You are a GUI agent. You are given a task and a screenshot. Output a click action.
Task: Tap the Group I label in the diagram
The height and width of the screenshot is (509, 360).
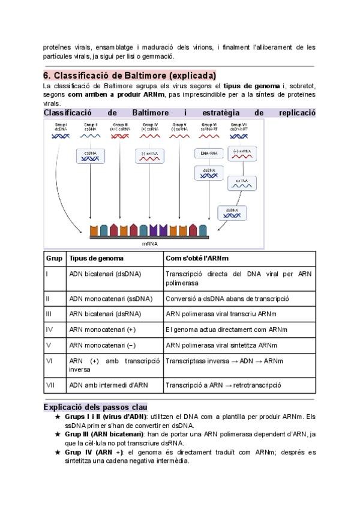pyautogui.click(x=61, y=126)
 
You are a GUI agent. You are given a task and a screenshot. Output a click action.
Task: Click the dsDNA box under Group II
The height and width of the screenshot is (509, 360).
pyautogui.click(x=90, y=155)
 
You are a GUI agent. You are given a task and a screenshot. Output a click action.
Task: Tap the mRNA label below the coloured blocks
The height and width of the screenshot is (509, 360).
pyautogui.click(x=150, y=244)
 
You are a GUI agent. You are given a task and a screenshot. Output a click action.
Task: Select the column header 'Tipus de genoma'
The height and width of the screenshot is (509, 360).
pyautogui.click(x=97, y=258)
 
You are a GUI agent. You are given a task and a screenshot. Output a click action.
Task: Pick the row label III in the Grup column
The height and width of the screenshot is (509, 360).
pyautogui.click(x=48, y=313)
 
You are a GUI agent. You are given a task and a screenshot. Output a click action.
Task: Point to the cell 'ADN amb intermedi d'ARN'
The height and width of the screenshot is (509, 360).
pyautogui.click(x=107, y=385)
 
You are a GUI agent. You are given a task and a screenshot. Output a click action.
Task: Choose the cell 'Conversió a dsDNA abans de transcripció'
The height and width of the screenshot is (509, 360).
pyautogui.click(x=227, y=298)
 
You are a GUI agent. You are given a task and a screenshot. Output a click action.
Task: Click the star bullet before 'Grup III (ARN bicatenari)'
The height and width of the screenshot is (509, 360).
pyautogui.click(x=58, y=434)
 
